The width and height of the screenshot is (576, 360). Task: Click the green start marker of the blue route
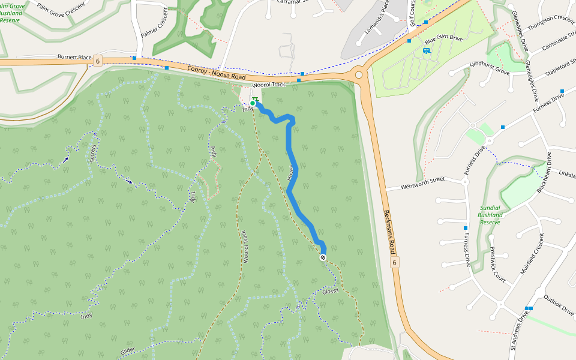tap(253, 104)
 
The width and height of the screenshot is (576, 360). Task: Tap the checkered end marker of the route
tap(323, 257)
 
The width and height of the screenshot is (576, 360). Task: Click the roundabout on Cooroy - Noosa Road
tap(359, 75)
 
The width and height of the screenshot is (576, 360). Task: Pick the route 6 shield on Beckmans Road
tap(394, 262)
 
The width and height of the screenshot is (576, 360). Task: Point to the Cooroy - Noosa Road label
tap(216, 73)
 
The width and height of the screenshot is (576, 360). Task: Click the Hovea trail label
tap(292, 172)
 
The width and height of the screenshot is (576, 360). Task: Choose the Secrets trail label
tap(93, 155)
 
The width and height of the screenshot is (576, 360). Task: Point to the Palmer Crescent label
tap(154, 26)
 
